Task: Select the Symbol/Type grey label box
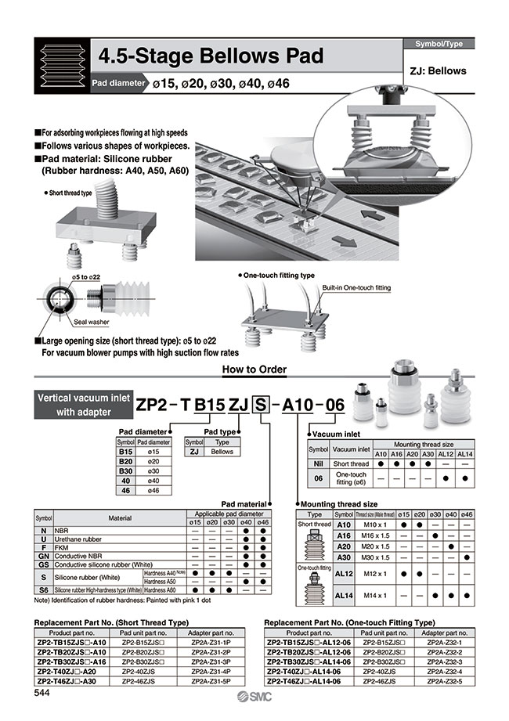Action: [x=438, y=44]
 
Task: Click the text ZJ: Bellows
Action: [x=438, y=70]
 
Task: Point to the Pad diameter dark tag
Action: [x=117, y=83]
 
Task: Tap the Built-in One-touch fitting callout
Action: [x=356, y=288]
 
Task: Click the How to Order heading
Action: [x=254, y=369]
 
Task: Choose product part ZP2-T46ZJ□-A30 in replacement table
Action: [x=67, y=681]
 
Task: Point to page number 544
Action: [x=44, y=692]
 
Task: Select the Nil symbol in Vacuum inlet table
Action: [x=318, y=463]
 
